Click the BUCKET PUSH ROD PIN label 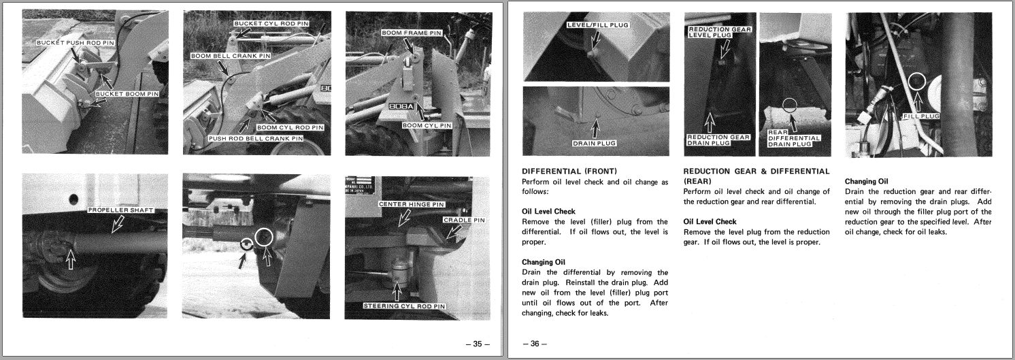point(76,43)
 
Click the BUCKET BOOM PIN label point(127,93)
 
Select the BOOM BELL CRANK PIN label point(231,56)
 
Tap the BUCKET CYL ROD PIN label point(271,23)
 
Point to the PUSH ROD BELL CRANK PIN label point(255,138)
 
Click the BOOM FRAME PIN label point(412,33)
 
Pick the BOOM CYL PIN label point(427,125)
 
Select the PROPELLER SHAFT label point(121,210)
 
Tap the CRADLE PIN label point(464,220)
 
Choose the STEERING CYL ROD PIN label point(404,306)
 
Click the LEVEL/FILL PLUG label point(598,25)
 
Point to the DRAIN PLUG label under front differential point(594,143)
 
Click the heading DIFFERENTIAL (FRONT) point(569,171)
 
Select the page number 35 point(477,344)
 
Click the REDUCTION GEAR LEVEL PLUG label point(720,32)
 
